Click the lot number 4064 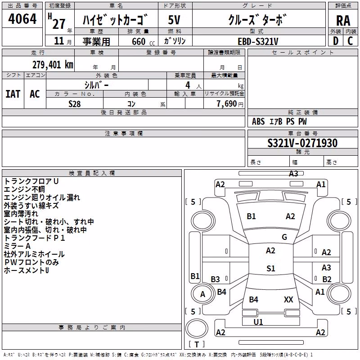(22, 19)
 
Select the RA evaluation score (343, 21)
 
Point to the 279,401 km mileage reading (53, 65)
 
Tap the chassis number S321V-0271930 (302, 143)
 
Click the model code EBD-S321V (258, 41)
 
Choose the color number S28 (75, 104)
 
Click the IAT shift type (13, 94)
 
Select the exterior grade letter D (336, 41)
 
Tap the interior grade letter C (350, 41)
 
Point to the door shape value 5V (174, 20)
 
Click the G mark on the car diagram (284, 237)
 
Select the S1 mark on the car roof (271, 268)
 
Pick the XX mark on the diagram (288, 299)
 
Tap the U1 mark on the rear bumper (258, 322)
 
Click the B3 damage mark (216, 279)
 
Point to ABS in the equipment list (258, 121)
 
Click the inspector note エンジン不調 (24, 189)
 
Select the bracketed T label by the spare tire (197, 344)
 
